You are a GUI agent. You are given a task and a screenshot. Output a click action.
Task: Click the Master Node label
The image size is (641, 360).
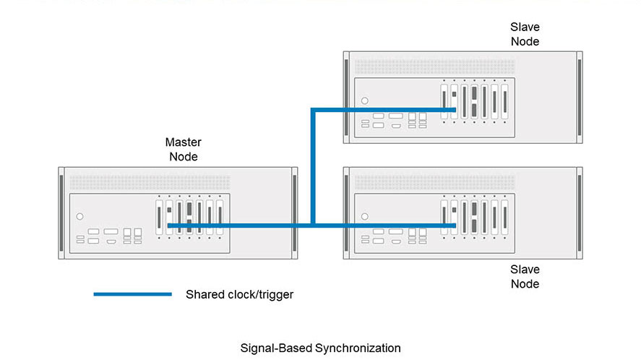[183, 150]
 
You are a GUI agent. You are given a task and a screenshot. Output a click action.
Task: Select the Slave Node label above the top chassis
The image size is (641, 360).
[525, 34]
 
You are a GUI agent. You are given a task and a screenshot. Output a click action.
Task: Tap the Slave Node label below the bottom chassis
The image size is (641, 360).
[525, 277]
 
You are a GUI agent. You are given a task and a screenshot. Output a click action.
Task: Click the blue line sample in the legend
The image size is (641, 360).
[132, 294]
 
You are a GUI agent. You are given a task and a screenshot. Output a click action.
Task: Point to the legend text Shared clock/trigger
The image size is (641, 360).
[240, 294]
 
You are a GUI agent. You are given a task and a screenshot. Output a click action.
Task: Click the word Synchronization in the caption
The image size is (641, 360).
[358, 348]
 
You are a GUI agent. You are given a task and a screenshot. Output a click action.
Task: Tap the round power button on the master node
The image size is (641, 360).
[79, 216]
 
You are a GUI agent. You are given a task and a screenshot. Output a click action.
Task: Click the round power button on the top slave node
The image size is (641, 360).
[364, 100]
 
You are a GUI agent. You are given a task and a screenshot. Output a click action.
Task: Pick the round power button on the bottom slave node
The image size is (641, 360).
[364, 216]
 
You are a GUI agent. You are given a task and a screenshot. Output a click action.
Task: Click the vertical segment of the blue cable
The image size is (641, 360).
[311, 166]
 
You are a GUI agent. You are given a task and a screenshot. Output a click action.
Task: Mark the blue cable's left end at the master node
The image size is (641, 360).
[169, 226]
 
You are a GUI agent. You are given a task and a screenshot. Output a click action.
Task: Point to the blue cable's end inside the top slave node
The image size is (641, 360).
[454, 110]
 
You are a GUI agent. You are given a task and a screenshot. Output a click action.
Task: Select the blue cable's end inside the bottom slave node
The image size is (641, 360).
[454, 226]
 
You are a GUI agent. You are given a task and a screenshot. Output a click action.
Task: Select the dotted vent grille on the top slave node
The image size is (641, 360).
[434, 66]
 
